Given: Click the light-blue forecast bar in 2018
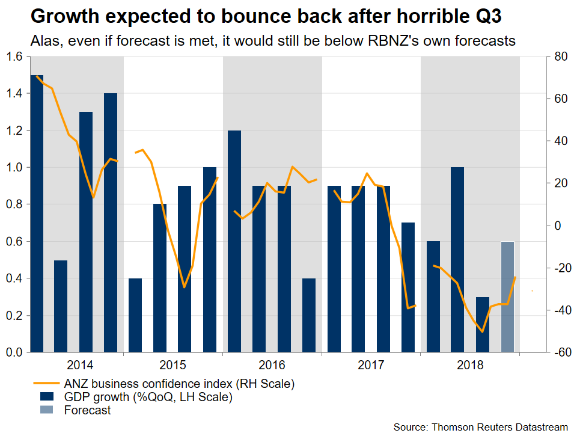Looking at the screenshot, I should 508,296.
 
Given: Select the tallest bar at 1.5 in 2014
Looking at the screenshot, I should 37,213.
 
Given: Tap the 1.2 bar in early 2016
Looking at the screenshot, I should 234,241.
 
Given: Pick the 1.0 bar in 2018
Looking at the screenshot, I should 457,259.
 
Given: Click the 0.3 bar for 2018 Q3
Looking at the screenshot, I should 483,324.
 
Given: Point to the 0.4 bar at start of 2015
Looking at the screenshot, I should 135,315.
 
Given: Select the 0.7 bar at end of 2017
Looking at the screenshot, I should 408,287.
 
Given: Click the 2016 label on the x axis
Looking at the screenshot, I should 272,364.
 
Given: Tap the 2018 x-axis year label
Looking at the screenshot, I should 470,364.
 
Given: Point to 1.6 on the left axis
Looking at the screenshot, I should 13,57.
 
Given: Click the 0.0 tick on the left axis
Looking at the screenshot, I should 13,352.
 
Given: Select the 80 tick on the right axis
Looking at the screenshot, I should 561,57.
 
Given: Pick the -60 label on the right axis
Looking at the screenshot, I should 559,352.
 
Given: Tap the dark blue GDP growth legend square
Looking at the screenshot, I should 47,396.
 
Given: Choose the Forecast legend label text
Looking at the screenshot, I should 87,410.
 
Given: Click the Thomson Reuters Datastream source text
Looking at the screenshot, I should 498,426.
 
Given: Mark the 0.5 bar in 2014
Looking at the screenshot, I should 61,306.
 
